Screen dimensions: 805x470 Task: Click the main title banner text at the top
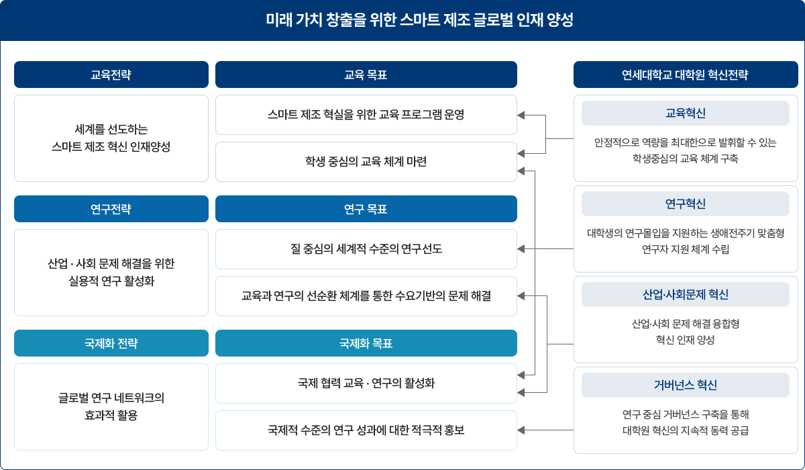pos(419,19)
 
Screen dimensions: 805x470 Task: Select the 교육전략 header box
pos(111,75)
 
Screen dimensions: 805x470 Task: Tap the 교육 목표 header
pos(366,75)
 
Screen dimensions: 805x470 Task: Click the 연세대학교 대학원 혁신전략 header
pos(686,75)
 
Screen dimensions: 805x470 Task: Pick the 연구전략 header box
pos(111,209)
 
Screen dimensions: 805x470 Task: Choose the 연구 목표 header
pos(366,209)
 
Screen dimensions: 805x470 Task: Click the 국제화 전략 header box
pos(111,343)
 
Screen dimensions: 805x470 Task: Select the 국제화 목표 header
pos(366,343)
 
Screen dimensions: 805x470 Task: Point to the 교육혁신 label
pos(686,113)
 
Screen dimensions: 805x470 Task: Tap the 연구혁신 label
pos(686,204)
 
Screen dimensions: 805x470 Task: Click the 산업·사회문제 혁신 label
pos(686,295)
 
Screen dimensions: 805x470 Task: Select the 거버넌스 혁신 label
pos(686,385)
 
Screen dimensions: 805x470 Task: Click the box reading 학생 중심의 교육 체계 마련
pos(366,162)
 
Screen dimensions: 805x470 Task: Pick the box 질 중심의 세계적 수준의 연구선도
pos(366,249)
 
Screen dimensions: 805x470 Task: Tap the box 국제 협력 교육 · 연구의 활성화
pos(366,383)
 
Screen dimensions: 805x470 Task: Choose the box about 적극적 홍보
pos(366,430)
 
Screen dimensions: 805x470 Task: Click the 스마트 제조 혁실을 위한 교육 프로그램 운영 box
pos(366,115)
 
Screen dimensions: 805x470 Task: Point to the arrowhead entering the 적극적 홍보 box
pos(521,430)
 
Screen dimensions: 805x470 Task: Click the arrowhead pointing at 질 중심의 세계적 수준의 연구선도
pos(521,249)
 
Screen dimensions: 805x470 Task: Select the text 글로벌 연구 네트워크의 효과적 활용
pos(111,407)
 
